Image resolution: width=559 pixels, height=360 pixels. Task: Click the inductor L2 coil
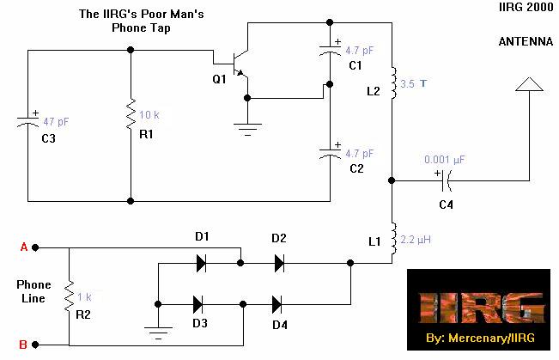point(393,82)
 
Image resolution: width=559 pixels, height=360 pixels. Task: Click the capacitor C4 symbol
point(445,180)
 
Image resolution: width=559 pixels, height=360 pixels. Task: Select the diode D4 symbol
point(278,303)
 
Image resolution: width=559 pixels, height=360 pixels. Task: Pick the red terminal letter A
point(24,247)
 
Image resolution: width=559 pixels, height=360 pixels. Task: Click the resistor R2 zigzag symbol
point(69,297)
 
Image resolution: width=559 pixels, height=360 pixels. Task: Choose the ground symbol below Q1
point(247,129)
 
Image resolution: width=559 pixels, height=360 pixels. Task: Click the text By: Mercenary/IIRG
point(479,339)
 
